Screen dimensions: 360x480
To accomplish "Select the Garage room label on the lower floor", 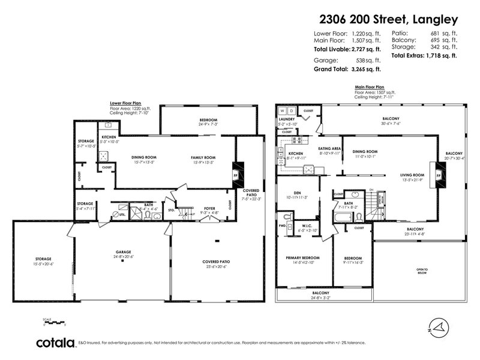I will (x=123, y=252).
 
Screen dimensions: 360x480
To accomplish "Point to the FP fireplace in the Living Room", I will (x=439, y=176).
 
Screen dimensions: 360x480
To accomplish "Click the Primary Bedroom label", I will (x=302, y=257).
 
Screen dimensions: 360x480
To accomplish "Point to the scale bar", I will (x=53, y=323).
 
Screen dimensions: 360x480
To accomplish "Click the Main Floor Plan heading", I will (x=370, y=86).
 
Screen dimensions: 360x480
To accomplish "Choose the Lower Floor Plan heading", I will (x=125, y=103).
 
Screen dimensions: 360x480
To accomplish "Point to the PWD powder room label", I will (x=282, y=226).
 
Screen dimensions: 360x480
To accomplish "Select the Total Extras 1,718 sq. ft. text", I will (x=424, y=55).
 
